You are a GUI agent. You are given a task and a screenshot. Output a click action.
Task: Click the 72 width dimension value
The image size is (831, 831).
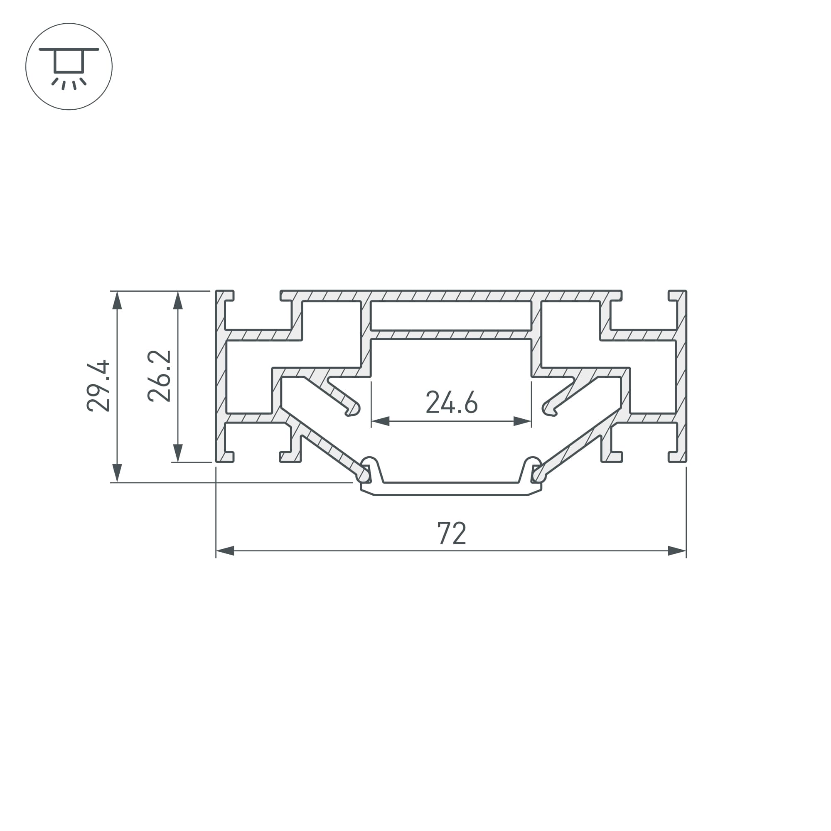[451, 534]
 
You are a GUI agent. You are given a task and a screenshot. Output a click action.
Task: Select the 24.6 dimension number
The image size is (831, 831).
[452, 402]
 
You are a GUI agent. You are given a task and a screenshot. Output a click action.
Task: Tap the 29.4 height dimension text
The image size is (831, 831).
[98, 386]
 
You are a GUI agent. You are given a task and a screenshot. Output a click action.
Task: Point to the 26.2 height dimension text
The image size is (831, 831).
[159, 376]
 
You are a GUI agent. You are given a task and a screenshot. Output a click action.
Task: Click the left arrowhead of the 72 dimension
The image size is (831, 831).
[225, 551]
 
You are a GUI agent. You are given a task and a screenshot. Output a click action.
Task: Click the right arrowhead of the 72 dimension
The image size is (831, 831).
[677, 551]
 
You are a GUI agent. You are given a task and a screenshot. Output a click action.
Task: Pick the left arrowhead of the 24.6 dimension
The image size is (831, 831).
[380, 421]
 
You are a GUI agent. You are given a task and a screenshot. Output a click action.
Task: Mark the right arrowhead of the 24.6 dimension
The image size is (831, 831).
[523, 421]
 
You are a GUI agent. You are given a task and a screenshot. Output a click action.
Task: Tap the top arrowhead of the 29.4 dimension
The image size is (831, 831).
[117, 300]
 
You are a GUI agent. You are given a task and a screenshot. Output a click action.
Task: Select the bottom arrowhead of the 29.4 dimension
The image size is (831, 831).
[117, 473]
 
